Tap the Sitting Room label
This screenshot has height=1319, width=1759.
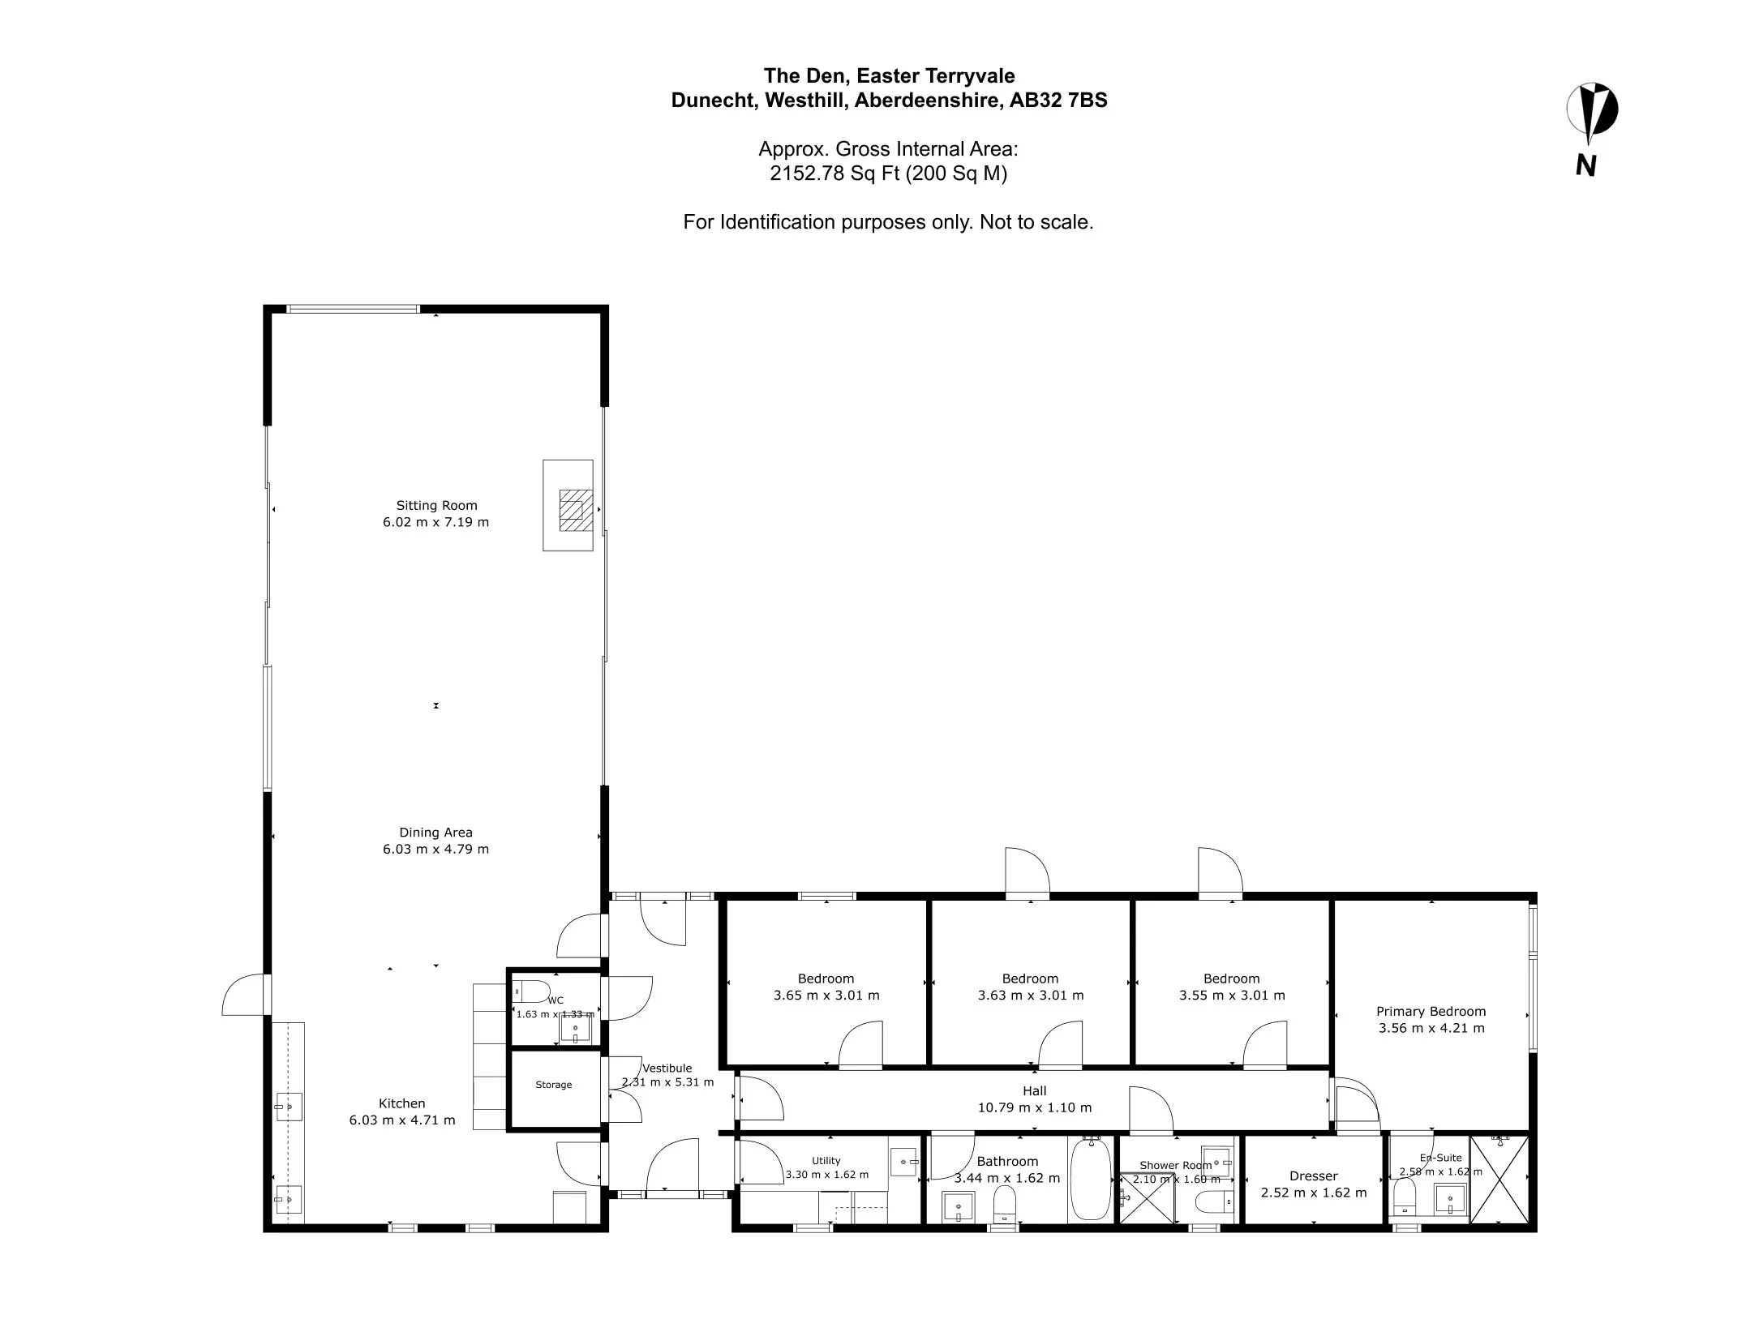(436, 505)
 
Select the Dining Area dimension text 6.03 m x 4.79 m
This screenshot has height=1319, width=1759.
(435, 849)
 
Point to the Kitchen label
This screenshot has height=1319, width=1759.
(402, 1103)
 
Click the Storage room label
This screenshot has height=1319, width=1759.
(554, 1085)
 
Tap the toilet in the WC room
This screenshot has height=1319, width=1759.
(531, 991)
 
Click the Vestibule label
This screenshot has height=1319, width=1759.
(667, 1068)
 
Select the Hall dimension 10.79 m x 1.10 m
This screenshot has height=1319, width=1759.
(1035, 1107)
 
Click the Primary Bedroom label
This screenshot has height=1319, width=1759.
(1431, 1011)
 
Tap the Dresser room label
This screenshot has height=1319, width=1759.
(1314, 1176)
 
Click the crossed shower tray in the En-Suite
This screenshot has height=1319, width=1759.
(1499, 1180)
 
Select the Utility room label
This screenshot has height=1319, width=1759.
(826, 1161)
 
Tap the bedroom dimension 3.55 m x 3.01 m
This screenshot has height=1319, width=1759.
(1232, 995)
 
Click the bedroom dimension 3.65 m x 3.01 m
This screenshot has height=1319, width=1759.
(826, 995)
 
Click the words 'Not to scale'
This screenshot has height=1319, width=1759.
(1036, 222)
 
